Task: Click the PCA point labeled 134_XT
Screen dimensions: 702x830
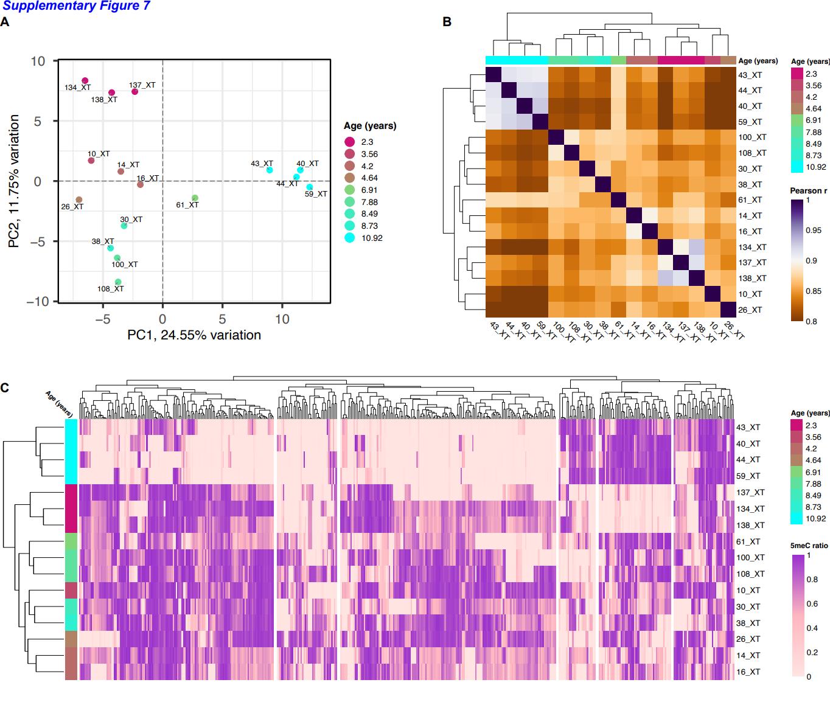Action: (85, 81)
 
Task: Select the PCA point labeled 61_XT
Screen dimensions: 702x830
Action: (195, 198)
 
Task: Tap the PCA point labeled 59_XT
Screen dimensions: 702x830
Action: (310, 187)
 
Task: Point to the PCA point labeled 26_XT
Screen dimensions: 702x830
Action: (78, 200)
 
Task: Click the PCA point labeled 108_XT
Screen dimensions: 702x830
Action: (118, 282)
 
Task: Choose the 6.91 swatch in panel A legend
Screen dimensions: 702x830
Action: (349, 190)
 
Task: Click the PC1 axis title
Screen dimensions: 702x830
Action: (194, 335)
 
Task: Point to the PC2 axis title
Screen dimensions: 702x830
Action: (14, 181)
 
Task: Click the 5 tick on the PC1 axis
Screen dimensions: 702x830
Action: (222, 319)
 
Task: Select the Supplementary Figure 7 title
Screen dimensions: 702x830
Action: (76, 7)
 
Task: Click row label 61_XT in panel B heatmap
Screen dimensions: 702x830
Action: (750, 200)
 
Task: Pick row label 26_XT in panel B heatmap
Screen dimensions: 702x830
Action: (750, 310)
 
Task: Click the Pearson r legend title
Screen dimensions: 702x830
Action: (808, 190)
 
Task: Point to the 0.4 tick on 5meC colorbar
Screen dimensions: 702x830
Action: (812, 628)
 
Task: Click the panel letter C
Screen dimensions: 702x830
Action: (5, 387)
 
